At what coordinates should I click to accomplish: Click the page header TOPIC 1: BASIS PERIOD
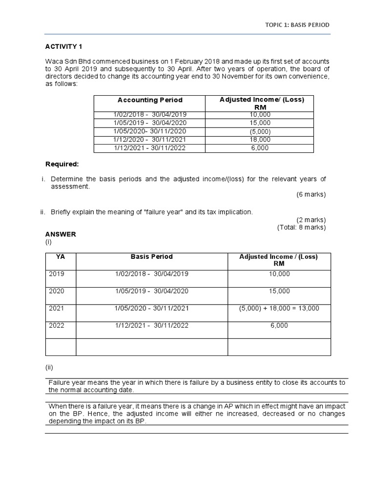click(297, 25)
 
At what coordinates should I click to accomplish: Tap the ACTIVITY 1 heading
click(63, 46)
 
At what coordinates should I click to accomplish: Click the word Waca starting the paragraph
click(54, 62)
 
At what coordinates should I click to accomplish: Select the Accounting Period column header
click(150, 100)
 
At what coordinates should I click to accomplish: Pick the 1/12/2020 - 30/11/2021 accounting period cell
click(150, 140)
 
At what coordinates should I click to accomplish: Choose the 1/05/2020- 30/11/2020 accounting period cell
click(150, 131)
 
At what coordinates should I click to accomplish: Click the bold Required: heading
click(62, 164)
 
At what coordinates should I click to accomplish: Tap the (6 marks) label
click(311, 194)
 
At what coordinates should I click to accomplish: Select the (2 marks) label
click(311, 219)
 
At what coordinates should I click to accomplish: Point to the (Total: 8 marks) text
click(301, 227)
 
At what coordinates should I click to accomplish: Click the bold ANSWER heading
click(61, 234)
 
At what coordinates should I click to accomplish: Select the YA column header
click(61, 257)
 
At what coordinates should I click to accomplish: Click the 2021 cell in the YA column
click(57, 308)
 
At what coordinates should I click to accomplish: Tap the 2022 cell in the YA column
click(57, 325)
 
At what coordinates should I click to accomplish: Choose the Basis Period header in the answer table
click(152, 257)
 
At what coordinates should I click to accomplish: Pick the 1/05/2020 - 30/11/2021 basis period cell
click(152, 308)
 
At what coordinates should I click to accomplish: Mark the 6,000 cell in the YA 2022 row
click(279, 325)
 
